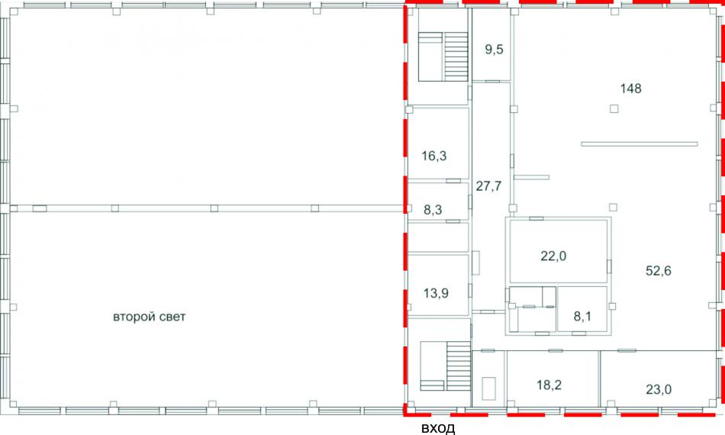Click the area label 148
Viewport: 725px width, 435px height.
(x=630, y=89)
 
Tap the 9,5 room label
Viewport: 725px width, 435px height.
(x=494, y=50)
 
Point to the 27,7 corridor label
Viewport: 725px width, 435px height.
(x=488, y=186)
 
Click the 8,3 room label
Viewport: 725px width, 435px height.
(x=433, y=210)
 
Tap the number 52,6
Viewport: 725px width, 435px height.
(x=659, y=271)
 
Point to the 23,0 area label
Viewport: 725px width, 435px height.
(x=659, y=390)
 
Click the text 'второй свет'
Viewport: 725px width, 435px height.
(x=150, y=317)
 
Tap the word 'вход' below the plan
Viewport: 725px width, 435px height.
(x=438, y=428)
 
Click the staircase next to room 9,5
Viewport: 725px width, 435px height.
(x=443, y=56)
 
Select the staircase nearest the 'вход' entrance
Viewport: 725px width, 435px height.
(x=445, y=366)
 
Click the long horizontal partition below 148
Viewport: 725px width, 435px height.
(x=639, y=144)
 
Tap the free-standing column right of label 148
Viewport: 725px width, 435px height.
(x=614, y=109)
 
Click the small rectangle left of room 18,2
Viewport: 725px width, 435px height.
(x=488, y=388)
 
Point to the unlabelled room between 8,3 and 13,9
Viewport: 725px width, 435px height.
(x=438, y=237)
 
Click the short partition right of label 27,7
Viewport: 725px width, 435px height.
(x=531, y=177)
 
